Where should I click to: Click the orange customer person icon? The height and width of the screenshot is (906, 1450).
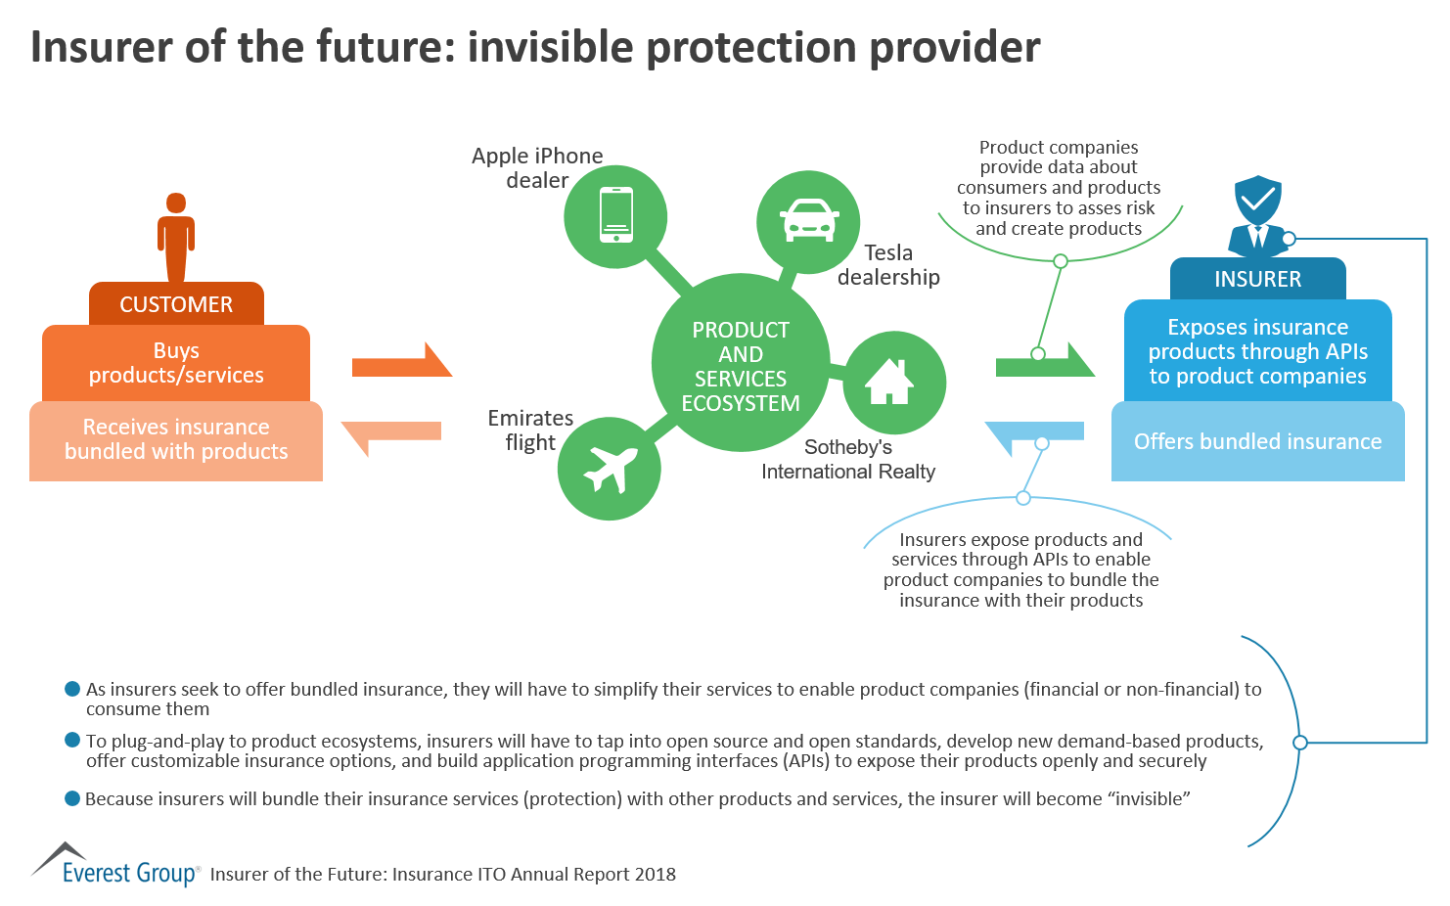coord(176,237)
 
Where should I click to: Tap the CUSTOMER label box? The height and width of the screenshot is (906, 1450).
coord(176,304)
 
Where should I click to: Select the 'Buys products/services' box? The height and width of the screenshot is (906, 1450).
coord(176,363)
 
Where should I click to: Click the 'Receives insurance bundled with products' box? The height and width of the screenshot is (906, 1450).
coord(176,440)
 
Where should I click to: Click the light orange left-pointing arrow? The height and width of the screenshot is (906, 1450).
coord(391,432)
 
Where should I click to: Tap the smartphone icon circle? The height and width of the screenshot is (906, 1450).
coord(615,215)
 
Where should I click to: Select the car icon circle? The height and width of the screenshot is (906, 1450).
coord(808,220)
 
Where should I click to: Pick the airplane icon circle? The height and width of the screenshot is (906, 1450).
coord(610,468)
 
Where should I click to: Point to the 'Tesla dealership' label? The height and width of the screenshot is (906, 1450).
coord(888,265)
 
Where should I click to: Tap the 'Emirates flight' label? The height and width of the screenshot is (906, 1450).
coord(530,430)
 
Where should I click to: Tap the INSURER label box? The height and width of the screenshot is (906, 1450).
coord(1257,279)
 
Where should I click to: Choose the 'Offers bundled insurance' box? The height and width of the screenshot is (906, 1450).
coord(1257,441)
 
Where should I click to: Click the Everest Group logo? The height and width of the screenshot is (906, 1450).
coord(115,865)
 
